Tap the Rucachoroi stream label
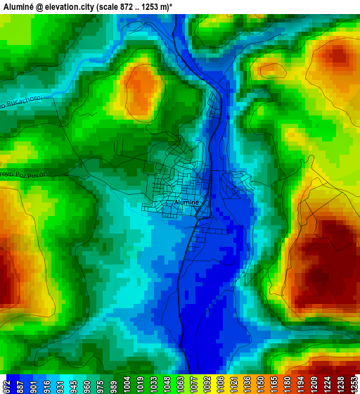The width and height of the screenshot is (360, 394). pyautogui.click(x=22, y=102)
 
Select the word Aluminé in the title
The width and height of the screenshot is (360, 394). pyautogui.click(x=18, y=6)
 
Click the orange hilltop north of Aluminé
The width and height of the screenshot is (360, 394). pyautogui.click(x=143, y=88)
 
